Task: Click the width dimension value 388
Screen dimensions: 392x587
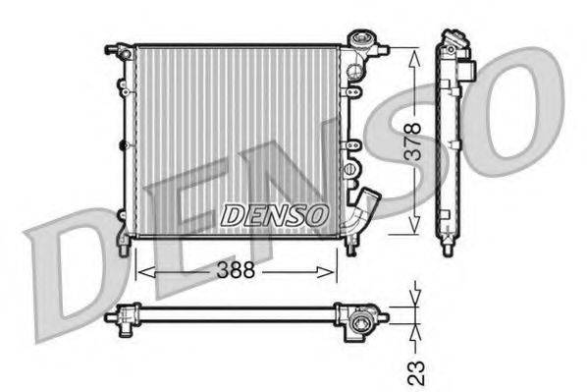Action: coord(236,268)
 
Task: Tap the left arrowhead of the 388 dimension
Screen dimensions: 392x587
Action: coord(137,268)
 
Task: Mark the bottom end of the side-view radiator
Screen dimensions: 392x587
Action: coord(449,245)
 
